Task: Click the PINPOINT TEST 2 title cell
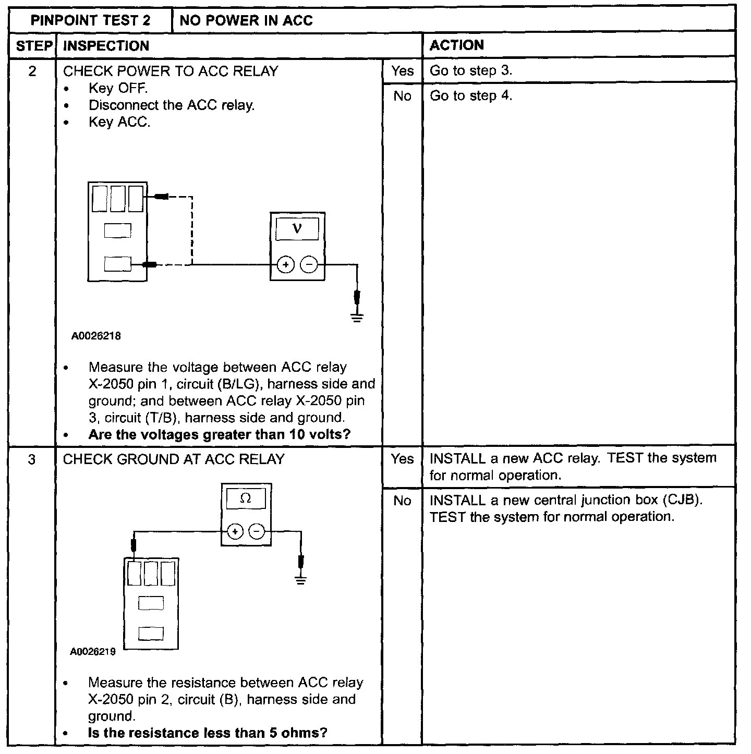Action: point(90,20)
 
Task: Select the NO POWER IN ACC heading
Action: point(246,20)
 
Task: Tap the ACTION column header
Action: point(456,45)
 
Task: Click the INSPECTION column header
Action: point(106,46)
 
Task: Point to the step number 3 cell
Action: point(32,459)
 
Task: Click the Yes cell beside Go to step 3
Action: point(402,71)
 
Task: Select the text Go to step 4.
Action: point(470,96)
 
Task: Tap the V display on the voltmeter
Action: point(297,228)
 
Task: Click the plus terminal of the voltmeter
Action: point(285,265)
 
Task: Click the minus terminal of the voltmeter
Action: point(309,265)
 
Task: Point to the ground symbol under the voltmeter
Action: point(357,317)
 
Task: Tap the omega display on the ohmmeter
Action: point(246,498)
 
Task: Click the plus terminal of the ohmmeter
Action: point(235,532)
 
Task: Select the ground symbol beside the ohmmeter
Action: point(300,579)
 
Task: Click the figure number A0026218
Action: point(96,336)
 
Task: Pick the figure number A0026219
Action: point(93,652)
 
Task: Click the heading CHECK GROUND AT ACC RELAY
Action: point(174,459)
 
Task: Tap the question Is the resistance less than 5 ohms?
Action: point(208,733)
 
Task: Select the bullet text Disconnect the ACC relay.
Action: point(172,105)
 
